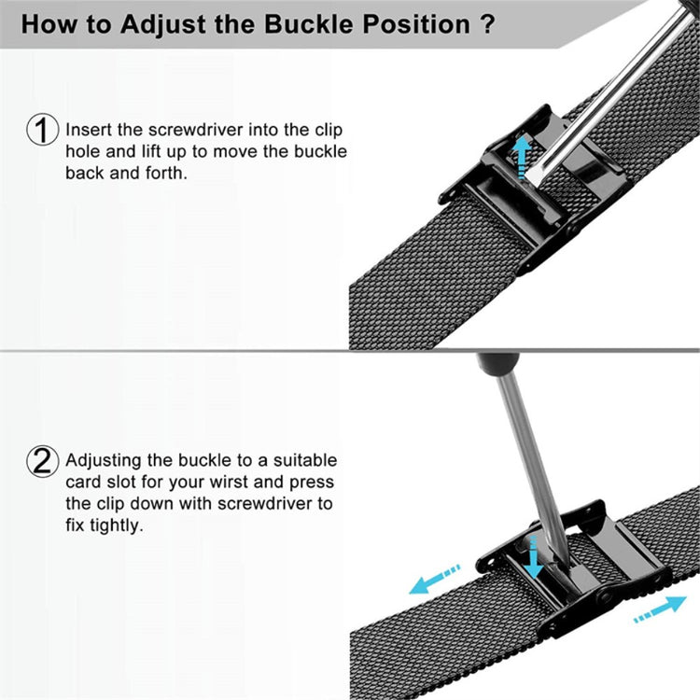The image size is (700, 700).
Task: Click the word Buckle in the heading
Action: [309, 24]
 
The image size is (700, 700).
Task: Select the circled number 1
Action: [42, 130]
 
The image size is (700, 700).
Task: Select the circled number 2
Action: [42, 462]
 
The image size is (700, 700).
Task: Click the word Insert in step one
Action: [89, 130]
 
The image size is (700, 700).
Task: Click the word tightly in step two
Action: [117, 525]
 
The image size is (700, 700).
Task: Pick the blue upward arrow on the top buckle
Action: [521, 157]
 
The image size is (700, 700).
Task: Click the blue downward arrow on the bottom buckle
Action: [533, 557]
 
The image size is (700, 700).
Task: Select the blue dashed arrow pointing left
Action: [434, 579]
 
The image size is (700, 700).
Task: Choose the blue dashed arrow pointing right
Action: [660, 609]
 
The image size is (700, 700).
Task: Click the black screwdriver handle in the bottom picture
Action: [498, 362]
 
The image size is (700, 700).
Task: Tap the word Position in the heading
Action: [416, 24]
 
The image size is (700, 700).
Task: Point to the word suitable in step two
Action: [305, 460]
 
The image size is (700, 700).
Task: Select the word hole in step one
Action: [83, 151]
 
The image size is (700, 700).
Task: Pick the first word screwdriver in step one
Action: [196, 130]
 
